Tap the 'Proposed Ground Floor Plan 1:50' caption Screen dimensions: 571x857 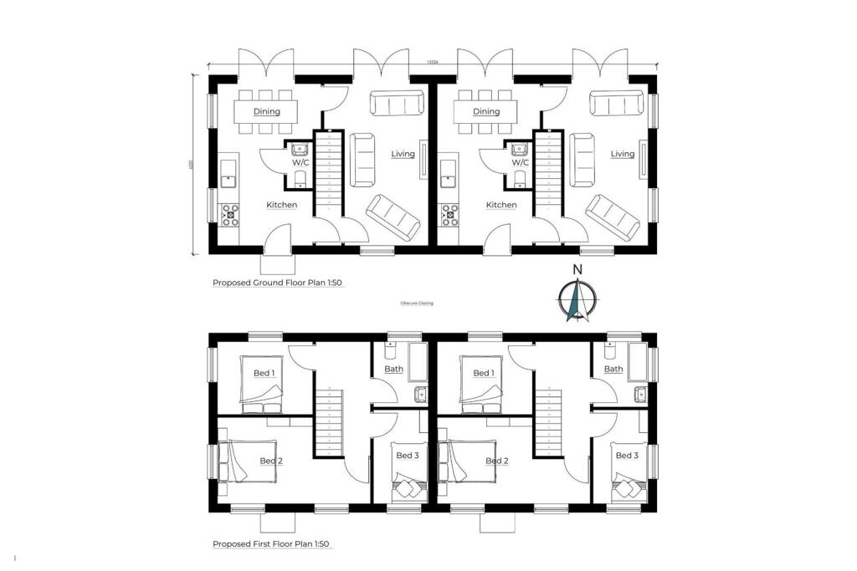coord(278,283)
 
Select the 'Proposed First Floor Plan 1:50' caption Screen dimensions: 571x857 coord(271,544)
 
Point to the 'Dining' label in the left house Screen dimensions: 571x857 coord(266,111)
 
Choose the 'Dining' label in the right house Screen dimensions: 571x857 coord(486,111)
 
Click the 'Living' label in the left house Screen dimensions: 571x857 coord(403,154)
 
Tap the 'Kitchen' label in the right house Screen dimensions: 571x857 coord(501,205)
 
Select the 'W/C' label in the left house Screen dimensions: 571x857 coord(300,163)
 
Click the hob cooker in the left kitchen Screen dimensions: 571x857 coord(229,216)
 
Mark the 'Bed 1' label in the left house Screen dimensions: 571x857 coord(264,373)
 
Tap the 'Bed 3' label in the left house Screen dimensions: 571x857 coord(407,456)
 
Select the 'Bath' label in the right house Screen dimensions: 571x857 coord(613,369)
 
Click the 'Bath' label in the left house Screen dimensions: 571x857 coord(393,369)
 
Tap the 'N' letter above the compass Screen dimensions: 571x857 coord(577,269)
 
